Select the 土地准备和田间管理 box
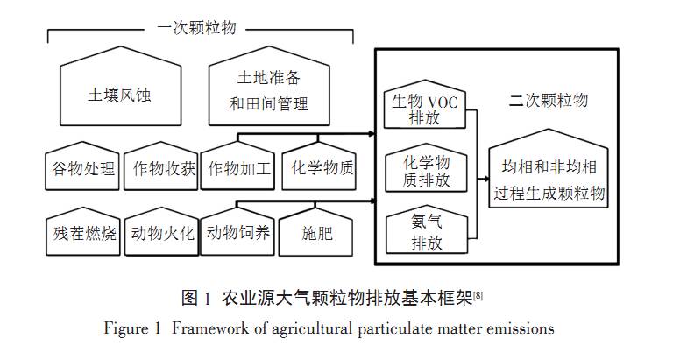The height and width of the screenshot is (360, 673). (x=269, y=94)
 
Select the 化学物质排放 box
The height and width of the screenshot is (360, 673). (x=426, y=171)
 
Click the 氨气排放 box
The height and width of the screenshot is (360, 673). (x=426, y=232)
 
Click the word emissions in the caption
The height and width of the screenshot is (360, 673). (x=521, y=329)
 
